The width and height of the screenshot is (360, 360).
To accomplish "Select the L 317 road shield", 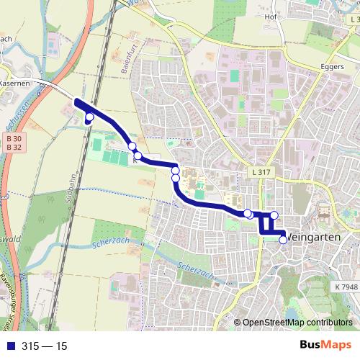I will [x=262, y=173].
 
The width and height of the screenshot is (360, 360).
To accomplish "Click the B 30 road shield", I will [x=14, y=138].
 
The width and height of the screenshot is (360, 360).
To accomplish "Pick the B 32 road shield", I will [x=14, y=147].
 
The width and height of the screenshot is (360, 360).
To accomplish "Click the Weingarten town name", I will [x=318, y=237].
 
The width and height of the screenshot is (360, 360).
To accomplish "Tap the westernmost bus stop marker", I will [x=89, y=117].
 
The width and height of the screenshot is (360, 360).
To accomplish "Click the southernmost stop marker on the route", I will [x=283, y=240].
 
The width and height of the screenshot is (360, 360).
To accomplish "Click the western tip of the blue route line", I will [x=76, y=102].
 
